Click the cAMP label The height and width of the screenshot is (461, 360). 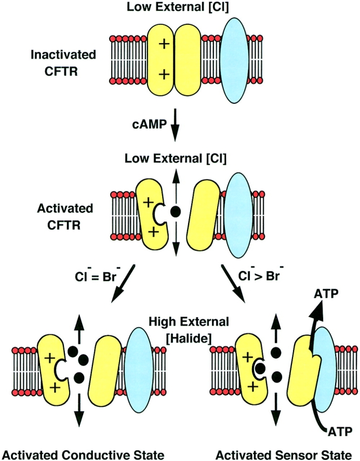point(146,125)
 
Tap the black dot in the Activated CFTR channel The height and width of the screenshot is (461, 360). point(175,212)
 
